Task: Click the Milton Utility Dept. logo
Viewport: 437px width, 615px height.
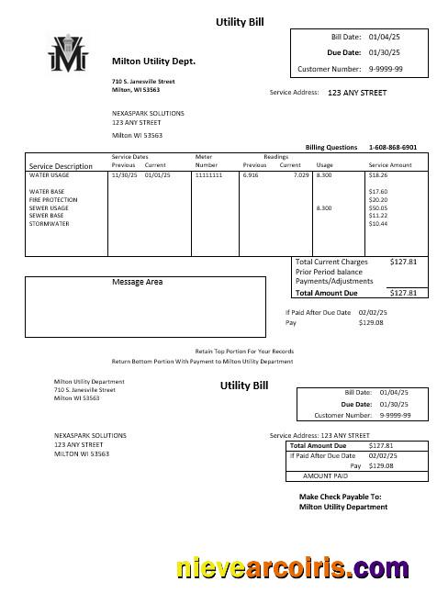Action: pos(69,55)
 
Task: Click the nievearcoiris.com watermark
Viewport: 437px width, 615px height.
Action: pos(293,569)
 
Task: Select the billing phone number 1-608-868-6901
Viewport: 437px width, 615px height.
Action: pos(392,147)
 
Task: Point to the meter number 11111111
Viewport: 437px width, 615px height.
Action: pos(208,174)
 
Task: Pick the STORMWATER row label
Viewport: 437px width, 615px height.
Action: pos(47,224)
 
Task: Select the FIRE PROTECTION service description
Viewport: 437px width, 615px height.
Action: pos(53,200)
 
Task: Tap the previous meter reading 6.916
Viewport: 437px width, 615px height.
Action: pos(251,174)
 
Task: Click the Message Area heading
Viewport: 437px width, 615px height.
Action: pos(137,282)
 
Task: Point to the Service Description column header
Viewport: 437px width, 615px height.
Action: pos(62,166)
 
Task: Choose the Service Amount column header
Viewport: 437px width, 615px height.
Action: pos(390,165)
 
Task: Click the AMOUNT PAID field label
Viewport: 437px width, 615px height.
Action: pos(325,475)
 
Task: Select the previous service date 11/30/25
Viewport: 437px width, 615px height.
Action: pos(124,174)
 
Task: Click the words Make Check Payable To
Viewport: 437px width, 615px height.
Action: pos(339,497)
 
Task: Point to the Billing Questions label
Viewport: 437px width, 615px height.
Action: pos(331,147)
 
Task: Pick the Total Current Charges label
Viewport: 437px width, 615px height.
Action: pos(331,263)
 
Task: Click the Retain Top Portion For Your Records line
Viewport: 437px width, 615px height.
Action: pos(244,352)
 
